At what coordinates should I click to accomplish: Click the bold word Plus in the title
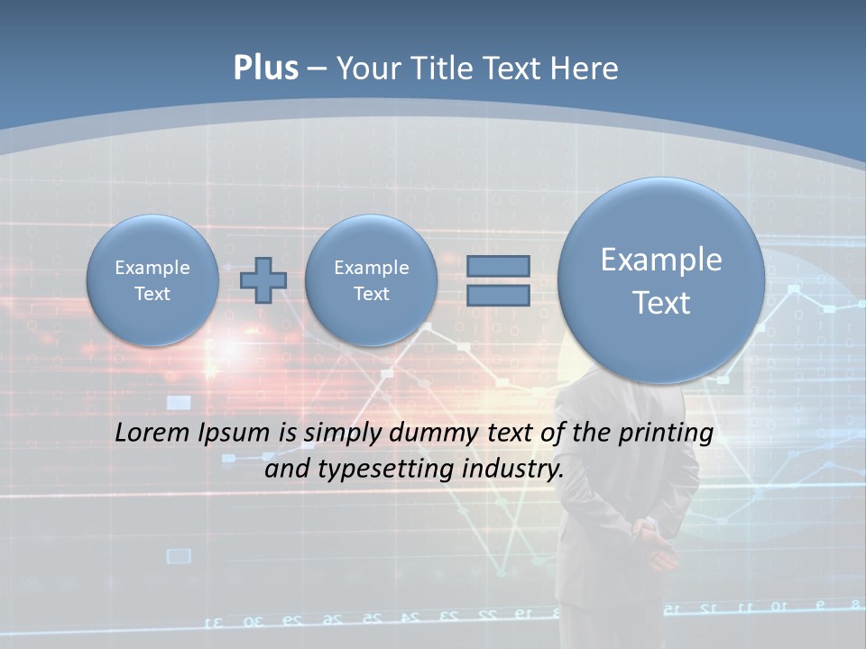click(265, 69)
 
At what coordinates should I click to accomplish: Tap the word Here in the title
click(587, 69)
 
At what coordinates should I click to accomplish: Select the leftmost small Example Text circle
click(152, 280)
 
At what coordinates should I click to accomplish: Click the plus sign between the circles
click(263, 280)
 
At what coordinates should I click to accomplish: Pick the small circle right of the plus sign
click(371, 280)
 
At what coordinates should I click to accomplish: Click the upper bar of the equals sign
click(498, 266)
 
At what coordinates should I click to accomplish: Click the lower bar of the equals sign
click(498, 295)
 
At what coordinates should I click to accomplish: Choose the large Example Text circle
click(661, 280)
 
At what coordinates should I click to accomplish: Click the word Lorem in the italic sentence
click(152, 433)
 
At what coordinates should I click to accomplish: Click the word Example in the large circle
click(661, 260)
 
